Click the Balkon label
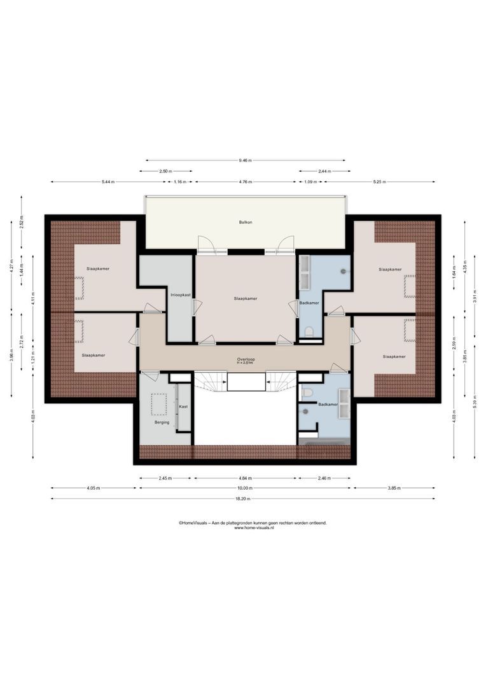[x=246, y=222]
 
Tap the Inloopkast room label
[x=181, y=295]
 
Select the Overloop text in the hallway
[x=246, y=359]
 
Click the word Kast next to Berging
[x=183, y=406]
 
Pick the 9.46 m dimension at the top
[x=246, y=160]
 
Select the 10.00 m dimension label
[x=246, y=488]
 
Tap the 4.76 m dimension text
[x=246, y=182]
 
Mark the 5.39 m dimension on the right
[x=475, y=404]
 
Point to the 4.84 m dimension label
[x=246, y=478]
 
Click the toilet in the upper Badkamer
[x=309, y=331]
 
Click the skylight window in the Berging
[x=158, y=403]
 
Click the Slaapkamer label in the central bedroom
[x=246, y=298]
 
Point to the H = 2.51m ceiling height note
[x=246, y=364]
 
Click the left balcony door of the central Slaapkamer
[x=205, y=245]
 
